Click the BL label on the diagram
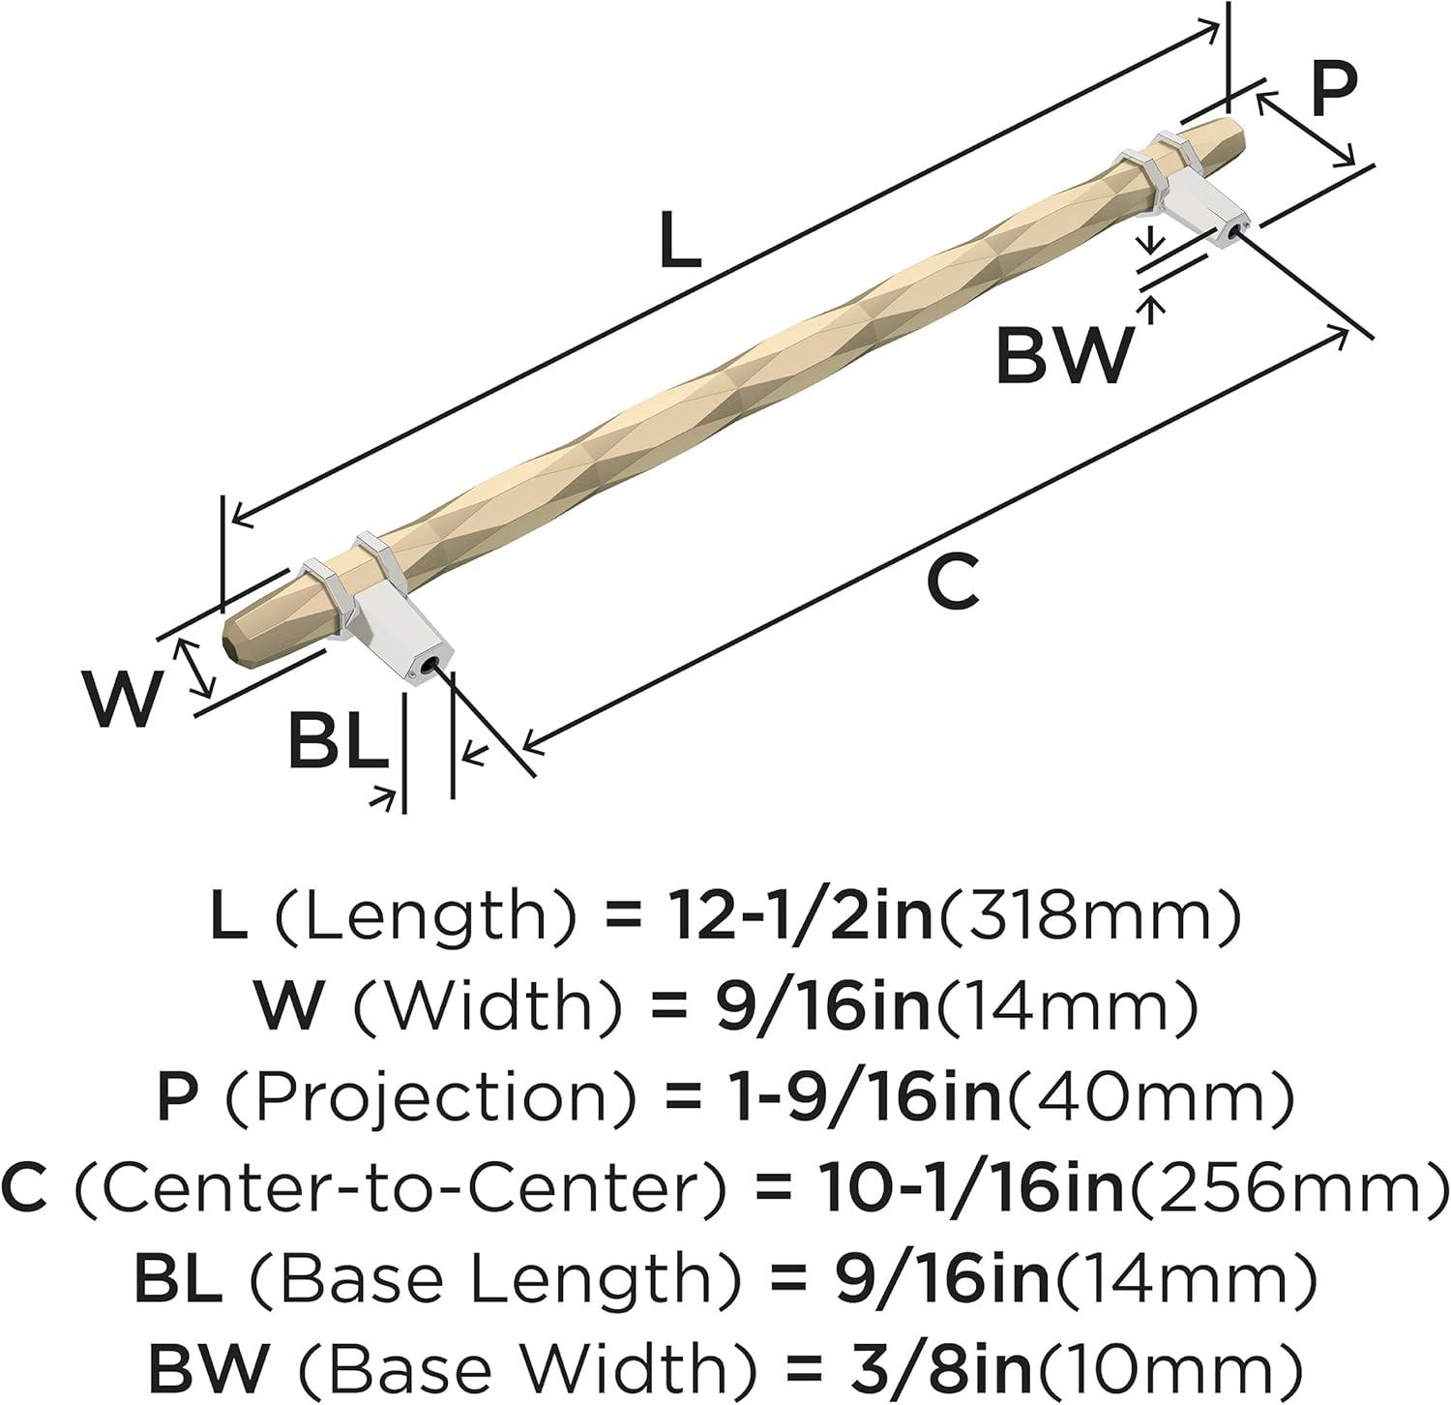click(336, 742)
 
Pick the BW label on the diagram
click(1063, 355)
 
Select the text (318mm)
click(1087, 917)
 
